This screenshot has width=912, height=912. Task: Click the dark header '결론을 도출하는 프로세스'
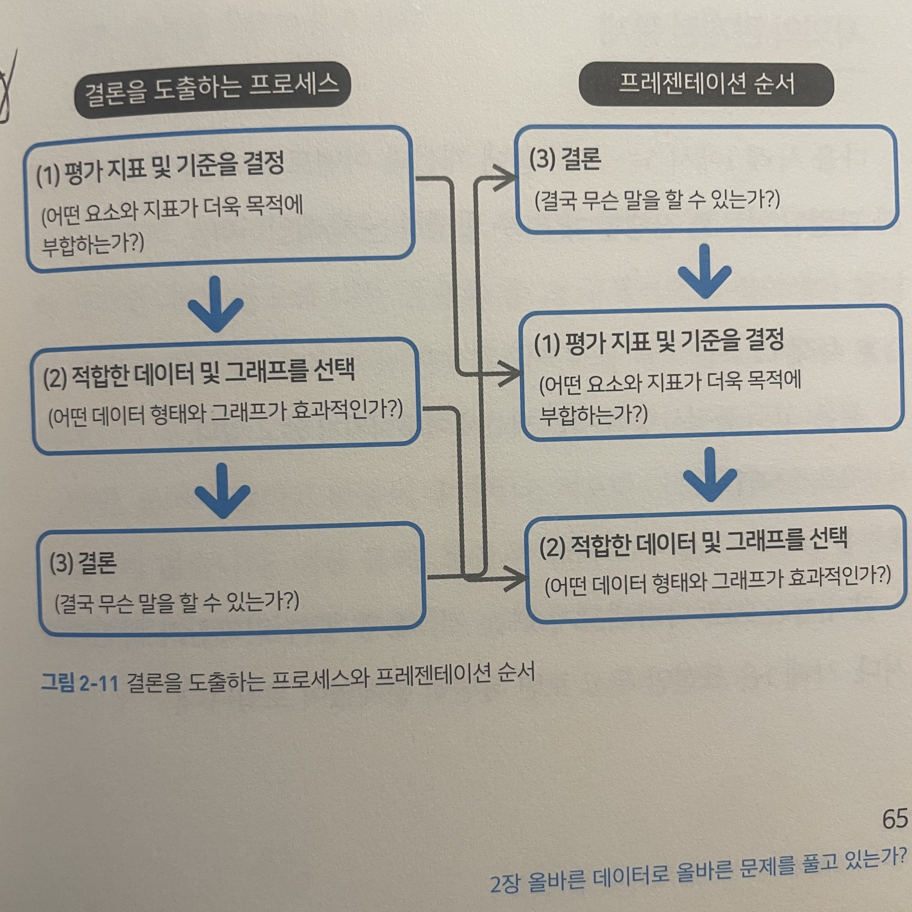212,89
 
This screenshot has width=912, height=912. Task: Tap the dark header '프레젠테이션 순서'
706,85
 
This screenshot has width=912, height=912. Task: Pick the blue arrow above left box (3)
222,491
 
